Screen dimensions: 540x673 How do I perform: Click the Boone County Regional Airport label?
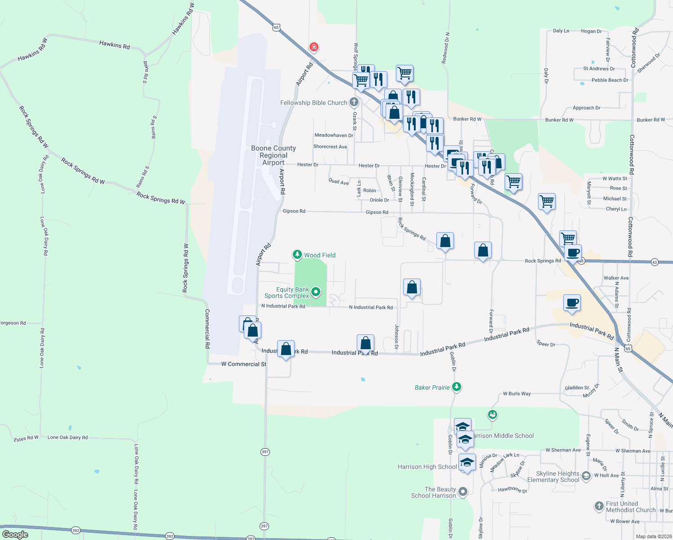(274, 155)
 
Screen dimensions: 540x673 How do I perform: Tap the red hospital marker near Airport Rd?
(314, 47)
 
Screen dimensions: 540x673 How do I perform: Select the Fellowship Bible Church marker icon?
(354, 102)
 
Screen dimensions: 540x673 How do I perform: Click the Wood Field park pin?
(297, 255)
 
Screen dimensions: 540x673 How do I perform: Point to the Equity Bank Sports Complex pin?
(316, 292)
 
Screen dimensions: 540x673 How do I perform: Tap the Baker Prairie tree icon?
(457, 387)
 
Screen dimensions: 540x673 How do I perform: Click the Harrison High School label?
(427, 467)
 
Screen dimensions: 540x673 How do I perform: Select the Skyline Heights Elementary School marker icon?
(586, 476)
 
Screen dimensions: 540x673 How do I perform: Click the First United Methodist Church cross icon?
(599, 506)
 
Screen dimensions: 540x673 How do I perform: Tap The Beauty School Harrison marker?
(463, 491)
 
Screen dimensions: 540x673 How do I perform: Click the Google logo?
(15, 534)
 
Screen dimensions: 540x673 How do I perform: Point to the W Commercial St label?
(243, 364)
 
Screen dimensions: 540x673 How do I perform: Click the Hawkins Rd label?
(114, 45)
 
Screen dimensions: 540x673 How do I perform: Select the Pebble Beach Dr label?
(610, 80)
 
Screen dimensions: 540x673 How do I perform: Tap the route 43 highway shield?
(655, 262)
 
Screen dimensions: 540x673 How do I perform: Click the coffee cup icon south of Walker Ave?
(572, 303)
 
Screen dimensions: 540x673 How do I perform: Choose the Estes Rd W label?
(26, 439)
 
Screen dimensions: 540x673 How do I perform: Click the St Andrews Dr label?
(599, 69)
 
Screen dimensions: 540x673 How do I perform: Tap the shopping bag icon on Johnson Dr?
(412, 287)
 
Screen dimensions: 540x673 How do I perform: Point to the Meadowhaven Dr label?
(334, 135)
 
